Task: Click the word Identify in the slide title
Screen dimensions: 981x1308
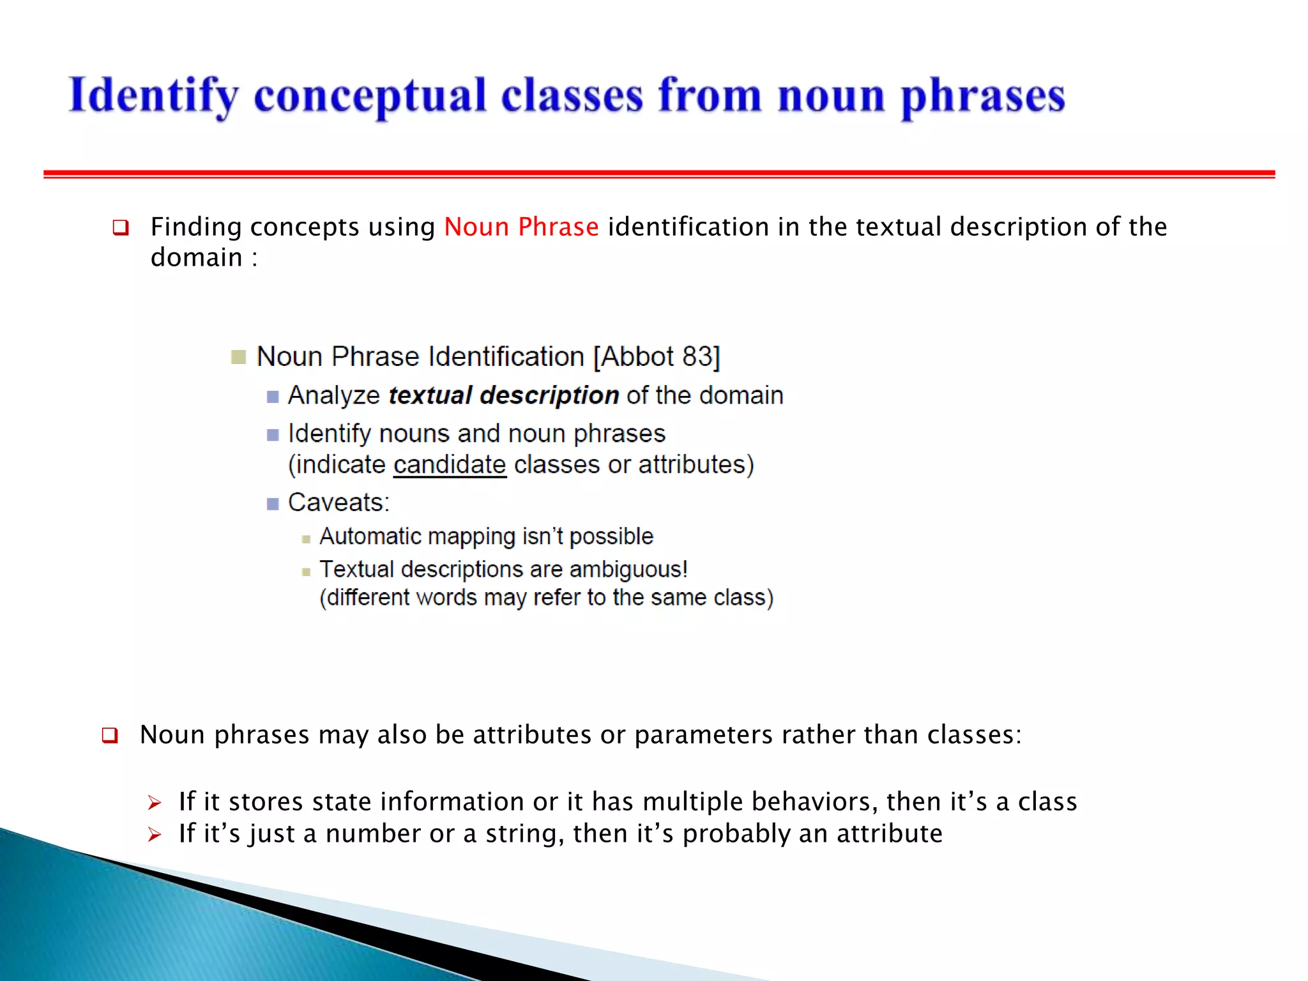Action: (153, 96)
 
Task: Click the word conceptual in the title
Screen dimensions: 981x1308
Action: (370, 96)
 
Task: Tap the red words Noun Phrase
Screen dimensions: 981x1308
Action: (521, 227)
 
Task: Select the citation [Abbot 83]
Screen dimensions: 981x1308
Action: (657, 356)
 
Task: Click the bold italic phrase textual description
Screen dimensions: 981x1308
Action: (503, 395)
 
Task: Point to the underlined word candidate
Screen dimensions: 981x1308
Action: (450, 464)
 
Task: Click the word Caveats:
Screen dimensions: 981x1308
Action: (338, 503)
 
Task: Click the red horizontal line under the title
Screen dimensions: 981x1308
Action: (658, 174)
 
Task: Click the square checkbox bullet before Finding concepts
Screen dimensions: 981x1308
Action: (121, 228)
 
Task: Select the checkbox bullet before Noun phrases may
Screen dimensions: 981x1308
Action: (110, 736)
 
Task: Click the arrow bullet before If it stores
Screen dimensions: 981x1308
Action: (154, 803)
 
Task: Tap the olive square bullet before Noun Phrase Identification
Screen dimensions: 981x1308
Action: (238, 357)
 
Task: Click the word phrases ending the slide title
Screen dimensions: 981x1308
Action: (982, 96)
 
